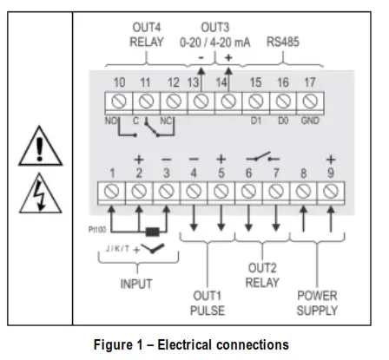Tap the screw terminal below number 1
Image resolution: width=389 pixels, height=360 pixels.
tap(112, 190)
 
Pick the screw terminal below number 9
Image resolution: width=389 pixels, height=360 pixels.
tap(331, 190)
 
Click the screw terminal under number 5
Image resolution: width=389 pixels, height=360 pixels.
tap(221, 190)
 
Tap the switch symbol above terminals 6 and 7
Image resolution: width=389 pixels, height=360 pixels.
tap(262, 159)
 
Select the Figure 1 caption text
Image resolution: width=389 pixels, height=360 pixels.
tap(194, 344)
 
